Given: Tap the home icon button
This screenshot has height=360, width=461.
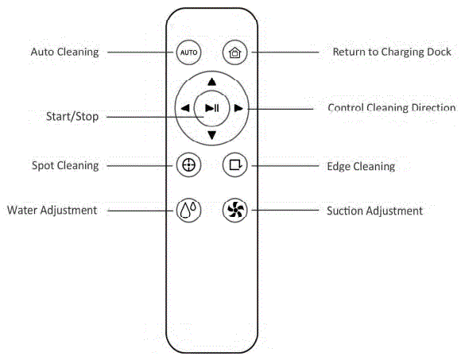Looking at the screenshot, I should (x=234, y=52).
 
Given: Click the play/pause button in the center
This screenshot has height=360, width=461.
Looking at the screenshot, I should (x=211, y=108).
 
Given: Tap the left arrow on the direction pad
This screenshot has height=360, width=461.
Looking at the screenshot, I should (x=184, y=108).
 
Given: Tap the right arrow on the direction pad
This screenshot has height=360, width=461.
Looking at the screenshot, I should (x=238, y=108).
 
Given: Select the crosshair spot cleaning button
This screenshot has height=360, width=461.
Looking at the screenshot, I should (x=188, y=165).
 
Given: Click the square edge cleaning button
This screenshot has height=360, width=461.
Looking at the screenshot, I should (x=234, y=165).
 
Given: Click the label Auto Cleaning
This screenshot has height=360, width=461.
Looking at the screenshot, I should (x=64, y=52).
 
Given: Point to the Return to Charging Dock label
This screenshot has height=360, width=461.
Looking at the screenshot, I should (x=392, y=52).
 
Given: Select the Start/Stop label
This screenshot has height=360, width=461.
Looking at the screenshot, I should (x=72, y=117).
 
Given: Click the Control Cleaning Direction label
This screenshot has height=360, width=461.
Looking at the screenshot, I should (x=392, y=108).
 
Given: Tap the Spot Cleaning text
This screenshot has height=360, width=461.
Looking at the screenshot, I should (x=65, y=166).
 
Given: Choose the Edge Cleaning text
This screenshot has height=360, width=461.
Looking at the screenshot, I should (x=361, y=167).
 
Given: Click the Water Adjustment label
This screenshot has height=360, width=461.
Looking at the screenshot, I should (x=52, y=211).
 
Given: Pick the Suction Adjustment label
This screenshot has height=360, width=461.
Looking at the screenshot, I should (x=374, y=211).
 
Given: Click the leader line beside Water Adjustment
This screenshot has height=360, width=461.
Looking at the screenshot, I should (x=140, y=211).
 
